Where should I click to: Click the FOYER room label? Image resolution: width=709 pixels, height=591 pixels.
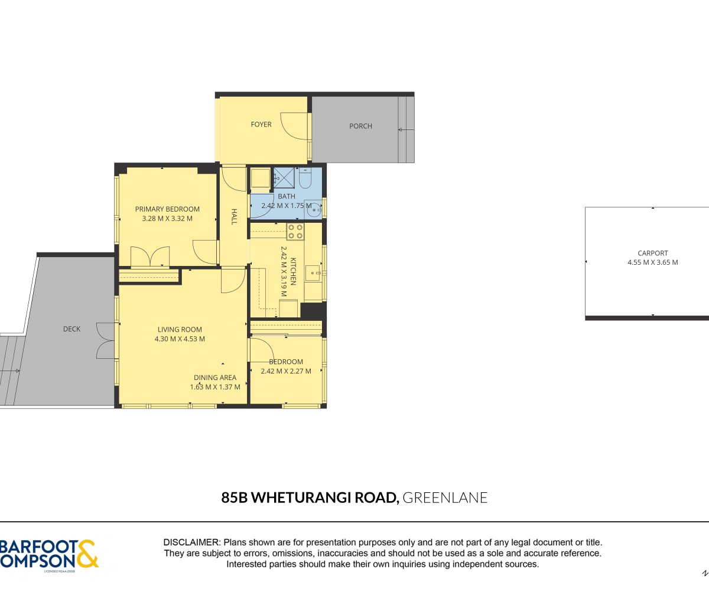click(261, 125)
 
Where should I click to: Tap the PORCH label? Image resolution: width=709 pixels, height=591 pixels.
click(360, 126)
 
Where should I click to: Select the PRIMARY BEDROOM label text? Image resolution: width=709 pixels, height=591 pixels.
click(167, 209)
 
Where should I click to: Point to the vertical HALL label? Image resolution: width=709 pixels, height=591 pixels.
click(234, 217)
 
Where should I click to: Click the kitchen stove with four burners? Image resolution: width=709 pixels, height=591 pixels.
click(295, 231)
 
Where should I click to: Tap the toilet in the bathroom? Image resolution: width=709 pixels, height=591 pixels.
click(305, 178)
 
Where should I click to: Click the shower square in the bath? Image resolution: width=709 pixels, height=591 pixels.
click(284, 177)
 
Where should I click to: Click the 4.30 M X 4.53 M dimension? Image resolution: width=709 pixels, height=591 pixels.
click(180, 339)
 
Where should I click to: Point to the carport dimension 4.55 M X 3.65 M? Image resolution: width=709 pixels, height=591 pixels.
click(653, 262)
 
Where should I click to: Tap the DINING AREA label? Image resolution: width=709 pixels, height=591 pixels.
click(215, 378)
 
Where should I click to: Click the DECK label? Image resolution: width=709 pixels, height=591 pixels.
click(71, 329)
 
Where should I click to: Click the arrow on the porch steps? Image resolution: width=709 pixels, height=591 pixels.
click(406, 130)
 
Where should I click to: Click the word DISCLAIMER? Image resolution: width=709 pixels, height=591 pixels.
click(191, 543)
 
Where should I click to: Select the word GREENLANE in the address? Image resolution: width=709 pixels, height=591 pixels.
click(445, 498)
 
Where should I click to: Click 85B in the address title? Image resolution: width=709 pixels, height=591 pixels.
click(235, 498)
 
